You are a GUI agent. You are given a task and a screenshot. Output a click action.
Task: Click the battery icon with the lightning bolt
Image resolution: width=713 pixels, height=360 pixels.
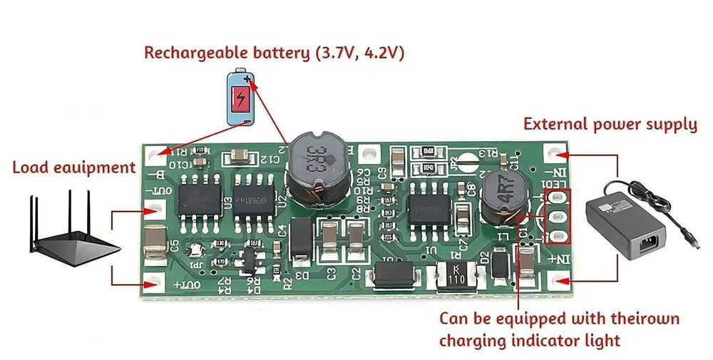(x=241, y=98)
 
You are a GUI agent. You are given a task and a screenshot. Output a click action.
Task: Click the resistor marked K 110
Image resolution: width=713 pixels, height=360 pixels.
(x=452, y=279)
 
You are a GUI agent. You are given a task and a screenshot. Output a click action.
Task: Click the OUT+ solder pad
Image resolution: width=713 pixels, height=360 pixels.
(x=150, y=283)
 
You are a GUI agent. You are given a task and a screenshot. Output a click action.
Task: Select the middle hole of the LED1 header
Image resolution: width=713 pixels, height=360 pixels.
(x=558, y=216)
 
